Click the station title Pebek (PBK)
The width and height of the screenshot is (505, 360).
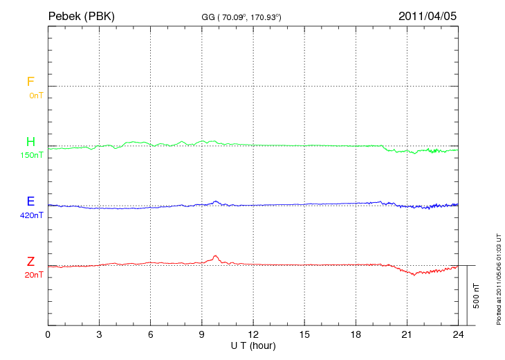pyautogui.click(x=82, y=15)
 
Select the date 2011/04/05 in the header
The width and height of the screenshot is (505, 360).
pyautogui.click(x=427, y=15)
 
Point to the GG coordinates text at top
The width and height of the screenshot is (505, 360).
pyautogui.click(x=241, y=16)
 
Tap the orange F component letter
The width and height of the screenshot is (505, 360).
pyautogui.click(x=30, y=82)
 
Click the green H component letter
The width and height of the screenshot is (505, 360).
pyautogui.click(x=30, y=142)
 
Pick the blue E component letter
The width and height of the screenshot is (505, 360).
pyautogui.click(x=30, y=201)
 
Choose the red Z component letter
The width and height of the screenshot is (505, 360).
pyautogui.click(x=30, y=262)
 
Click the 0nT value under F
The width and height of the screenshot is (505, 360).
pyautogui.click(x=35, y=96)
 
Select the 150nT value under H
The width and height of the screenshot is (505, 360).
pyautogui.click(x=32, y=155)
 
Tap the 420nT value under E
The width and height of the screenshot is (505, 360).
pyautogui.click(x=32, y=215)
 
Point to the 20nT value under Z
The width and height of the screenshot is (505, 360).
pyautogui.click(x=33, y=275)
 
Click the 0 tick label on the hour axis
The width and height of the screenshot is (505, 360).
pyautogui.click(x=48, y=334)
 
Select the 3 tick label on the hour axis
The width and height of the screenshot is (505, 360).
pyautogui.click(x=99, y=334)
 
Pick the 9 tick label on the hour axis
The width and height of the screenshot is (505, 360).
pyautogui.click(x=202, y=334)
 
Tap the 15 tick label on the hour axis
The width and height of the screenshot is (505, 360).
pyautogui.click(x=304, y=334)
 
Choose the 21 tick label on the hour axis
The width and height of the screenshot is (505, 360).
pyautogui.click(x=407, y=334)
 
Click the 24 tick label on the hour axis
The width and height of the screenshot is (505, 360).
pyautogui.click(x=458, y=334)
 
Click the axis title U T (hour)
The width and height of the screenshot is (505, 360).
pyautogui.click(x=252, y=345)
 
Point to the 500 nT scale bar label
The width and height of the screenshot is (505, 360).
pyautogui.click(x=477, y=295)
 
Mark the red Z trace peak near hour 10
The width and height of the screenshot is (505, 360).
pyautogui.click(x=216, y=256)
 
